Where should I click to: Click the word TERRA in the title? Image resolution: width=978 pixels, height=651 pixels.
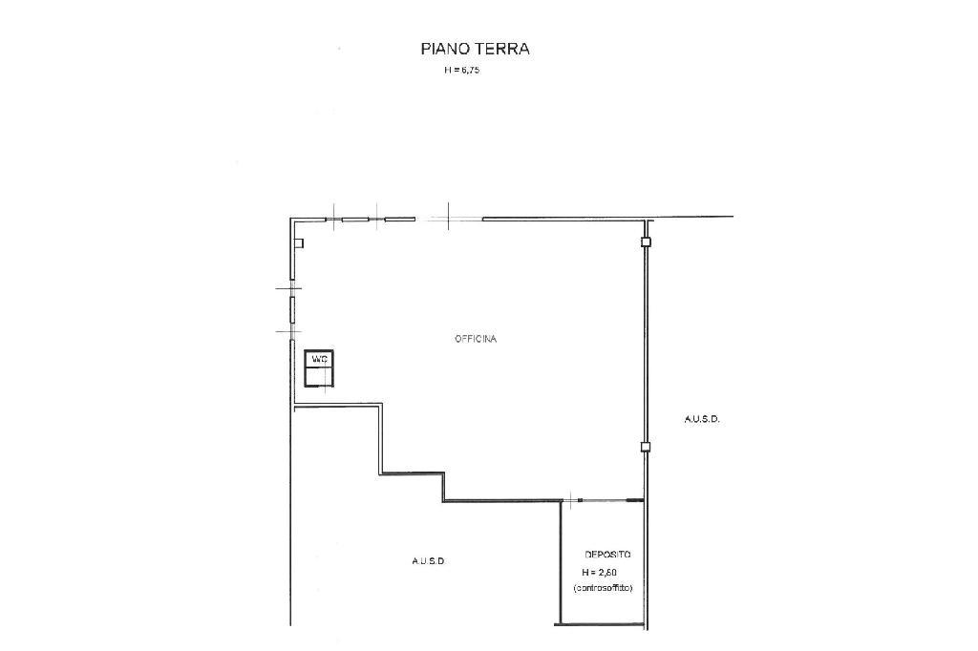pos(502,49)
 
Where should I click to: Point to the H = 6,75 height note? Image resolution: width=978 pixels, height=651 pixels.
pos(461,71)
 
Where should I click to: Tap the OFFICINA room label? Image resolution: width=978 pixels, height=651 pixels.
pos(476,339)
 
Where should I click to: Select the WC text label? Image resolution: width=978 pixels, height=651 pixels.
pos(319,359)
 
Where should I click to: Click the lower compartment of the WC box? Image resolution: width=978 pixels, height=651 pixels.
pos(319,376)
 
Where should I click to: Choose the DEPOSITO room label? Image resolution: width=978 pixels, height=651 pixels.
pos(607,555)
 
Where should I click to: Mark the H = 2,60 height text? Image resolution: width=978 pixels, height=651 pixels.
pos(600,572)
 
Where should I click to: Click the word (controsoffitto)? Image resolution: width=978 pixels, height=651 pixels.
pos(603,588)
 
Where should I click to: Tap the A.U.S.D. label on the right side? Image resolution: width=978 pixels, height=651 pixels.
pos(702,420)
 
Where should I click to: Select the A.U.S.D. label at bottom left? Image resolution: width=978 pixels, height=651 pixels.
pos(429,561)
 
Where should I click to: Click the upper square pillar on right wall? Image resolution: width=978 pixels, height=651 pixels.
pos(647,241)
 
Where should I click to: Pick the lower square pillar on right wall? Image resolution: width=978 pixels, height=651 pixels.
pos(647,447)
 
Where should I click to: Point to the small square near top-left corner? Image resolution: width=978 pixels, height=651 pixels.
pos(299,243)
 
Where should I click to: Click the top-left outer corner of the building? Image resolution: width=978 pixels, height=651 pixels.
pos(290,218)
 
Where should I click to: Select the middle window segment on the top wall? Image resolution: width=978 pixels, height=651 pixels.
pos(355,219)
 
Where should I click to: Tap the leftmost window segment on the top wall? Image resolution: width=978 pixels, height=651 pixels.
pos(318,219)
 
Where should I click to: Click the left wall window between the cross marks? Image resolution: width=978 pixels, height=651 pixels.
pos(291,308)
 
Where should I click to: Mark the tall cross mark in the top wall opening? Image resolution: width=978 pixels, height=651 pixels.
pos(449,217)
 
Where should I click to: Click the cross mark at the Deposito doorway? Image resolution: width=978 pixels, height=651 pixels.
pos(570,499)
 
